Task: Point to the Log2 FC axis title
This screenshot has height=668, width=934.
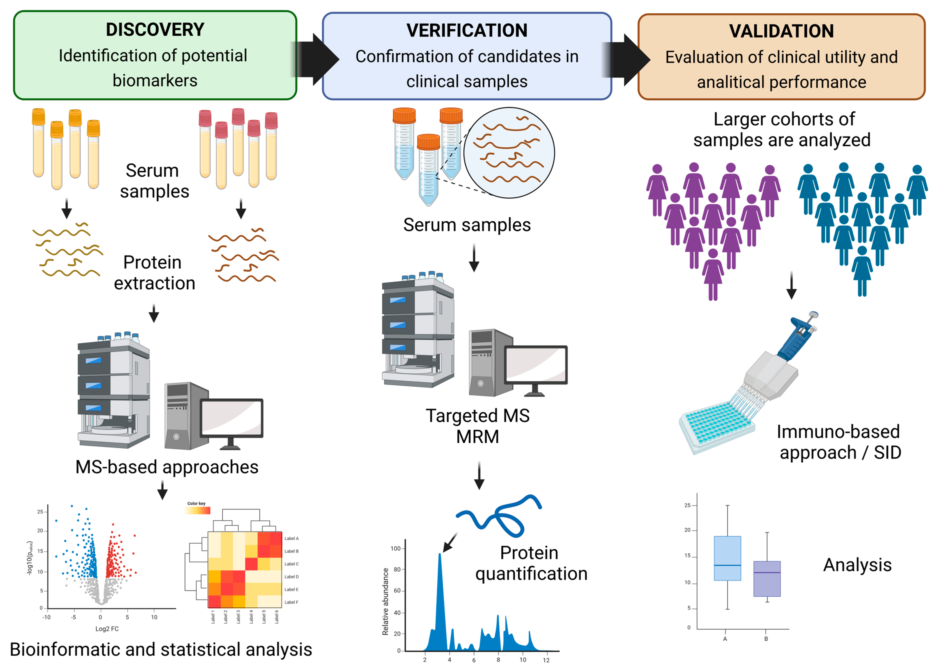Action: click(x=107, y=628)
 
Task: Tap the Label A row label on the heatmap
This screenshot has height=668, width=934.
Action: click(x=291, y=538)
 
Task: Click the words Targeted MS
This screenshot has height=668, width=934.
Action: click(x=478, y=416)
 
